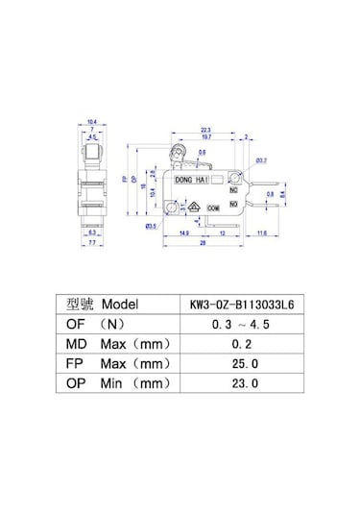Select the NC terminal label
pyautogui.click(x=233, y=189)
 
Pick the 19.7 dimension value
pyautogui.click(x=205, y=136)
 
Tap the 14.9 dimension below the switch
pyautogui.click(x=182, y=233)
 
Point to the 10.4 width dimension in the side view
pyautogui.click(x=91, y=122)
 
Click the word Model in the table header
pyautogui.click(x=120, y=303)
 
